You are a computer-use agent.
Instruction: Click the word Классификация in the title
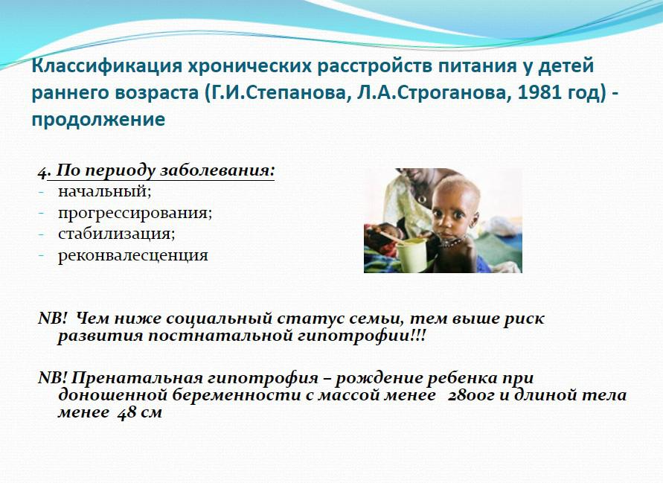click(107, 66)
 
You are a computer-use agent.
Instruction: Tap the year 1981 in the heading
click(538, 92)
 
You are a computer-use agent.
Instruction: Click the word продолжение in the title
click(98, 119)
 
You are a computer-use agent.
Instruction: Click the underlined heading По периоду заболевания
click(165, 170)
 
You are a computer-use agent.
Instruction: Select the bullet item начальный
click(104, 191)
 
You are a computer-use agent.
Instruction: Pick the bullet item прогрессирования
click(135, 213)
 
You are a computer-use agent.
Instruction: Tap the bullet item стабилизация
click(116, 234)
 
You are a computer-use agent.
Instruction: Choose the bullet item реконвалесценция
click(132, 255)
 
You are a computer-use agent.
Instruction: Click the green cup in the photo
click(411, 255)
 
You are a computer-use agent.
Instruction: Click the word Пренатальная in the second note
click(131, 377)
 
